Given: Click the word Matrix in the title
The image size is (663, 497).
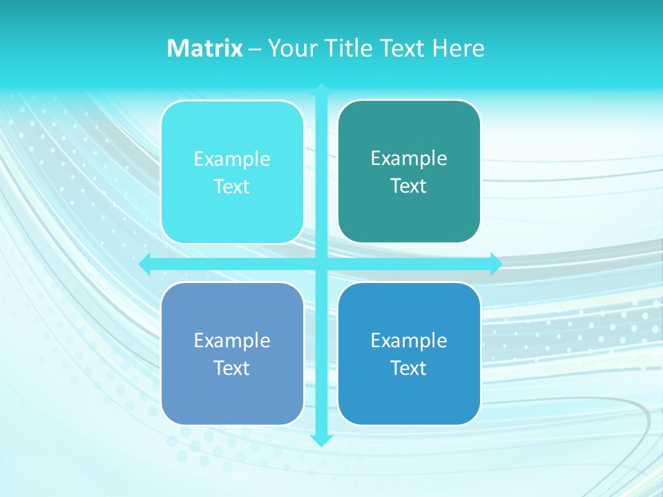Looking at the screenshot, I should tap(205, 48).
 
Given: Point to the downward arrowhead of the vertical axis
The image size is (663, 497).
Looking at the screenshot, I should tap(321, 440).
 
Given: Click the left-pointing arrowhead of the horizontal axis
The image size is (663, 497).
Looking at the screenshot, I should tap(145, 264).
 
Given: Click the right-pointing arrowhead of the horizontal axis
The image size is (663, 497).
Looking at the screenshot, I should tap(496, 264).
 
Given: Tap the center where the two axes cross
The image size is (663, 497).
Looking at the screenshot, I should tap(321, 264).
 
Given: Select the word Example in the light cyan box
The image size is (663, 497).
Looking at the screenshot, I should tap(232, 159).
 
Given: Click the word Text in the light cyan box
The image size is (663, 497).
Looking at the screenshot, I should tap(232, 187).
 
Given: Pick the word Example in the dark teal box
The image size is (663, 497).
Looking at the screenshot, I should tap(409, 159).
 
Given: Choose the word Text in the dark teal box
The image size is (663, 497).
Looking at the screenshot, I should tap(409, 186).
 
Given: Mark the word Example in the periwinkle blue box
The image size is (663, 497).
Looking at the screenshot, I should tap(232, 341).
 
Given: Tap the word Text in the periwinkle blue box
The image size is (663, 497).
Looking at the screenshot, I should tap(232, 369).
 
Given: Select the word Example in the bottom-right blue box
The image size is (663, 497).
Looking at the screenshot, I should tap(409, 341).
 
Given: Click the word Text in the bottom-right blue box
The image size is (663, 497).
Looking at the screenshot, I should tap(409, 369).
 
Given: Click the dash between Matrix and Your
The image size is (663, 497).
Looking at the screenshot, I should tap(255, 49).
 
